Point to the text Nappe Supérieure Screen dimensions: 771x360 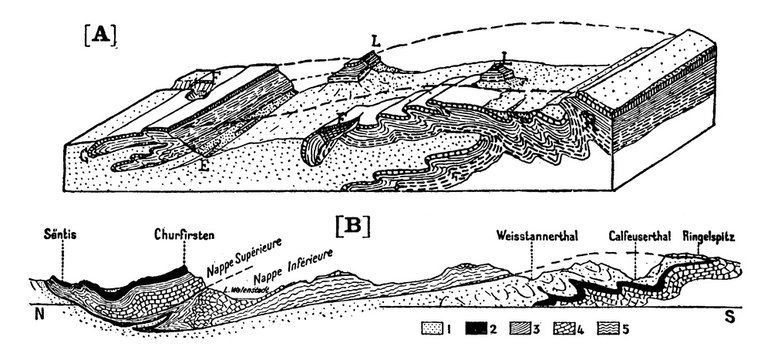coord(239,256)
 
